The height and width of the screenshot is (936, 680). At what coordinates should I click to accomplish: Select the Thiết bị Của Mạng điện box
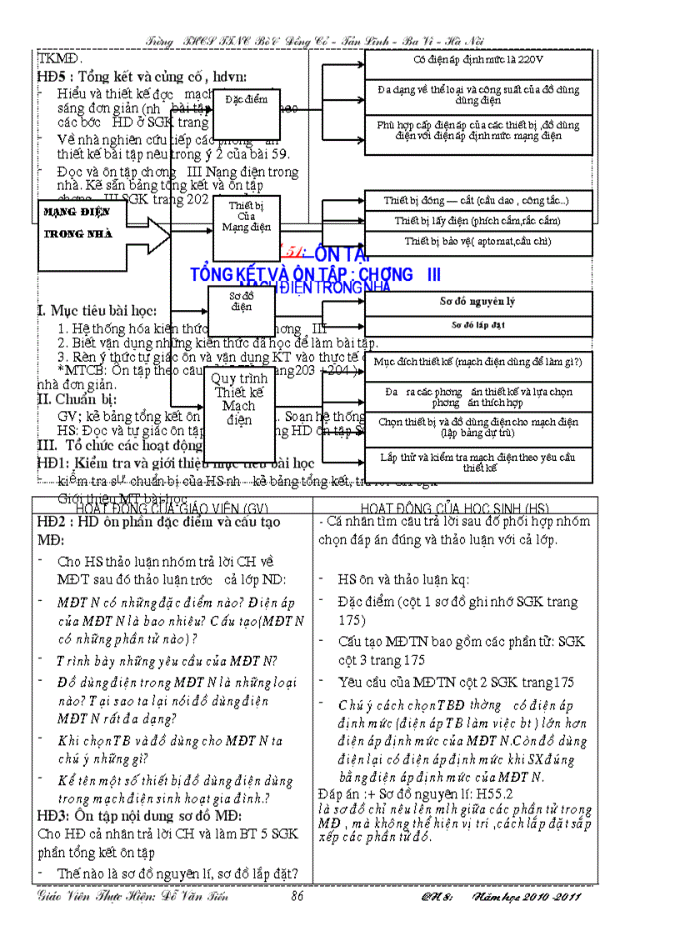point(246,217)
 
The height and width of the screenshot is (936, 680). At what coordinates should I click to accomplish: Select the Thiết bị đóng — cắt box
point(478,201)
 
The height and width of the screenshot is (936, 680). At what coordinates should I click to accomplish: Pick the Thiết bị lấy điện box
point(478,222)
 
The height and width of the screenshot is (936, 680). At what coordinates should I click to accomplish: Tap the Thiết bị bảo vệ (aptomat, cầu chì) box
point(478,242)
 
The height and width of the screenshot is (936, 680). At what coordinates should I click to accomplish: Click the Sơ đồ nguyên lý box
point(478,303)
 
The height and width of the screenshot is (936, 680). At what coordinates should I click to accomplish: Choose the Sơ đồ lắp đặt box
point(478,326)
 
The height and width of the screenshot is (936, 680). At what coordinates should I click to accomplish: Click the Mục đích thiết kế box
point(478,363)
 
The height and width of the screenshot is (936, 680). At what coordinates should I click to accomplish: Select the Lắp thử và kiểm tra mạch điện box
point(478,464)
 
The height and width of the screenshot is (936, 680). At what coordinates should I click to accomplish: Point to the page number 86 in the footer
point(297,897)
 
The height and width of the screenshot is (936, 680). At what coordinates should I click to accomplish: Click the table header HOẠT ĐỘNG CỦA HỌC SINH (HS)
point(455,508)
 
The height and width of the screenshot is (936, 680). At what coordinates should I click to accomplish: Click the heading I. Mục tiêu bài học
point(97,311)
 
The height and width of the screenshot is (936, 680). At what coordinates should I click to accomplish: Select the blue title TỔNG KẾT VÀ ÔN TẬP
point(316,275)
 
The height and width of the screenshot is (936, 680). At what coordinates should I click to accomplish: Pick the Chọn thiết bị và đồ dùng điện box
point(478,428)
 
